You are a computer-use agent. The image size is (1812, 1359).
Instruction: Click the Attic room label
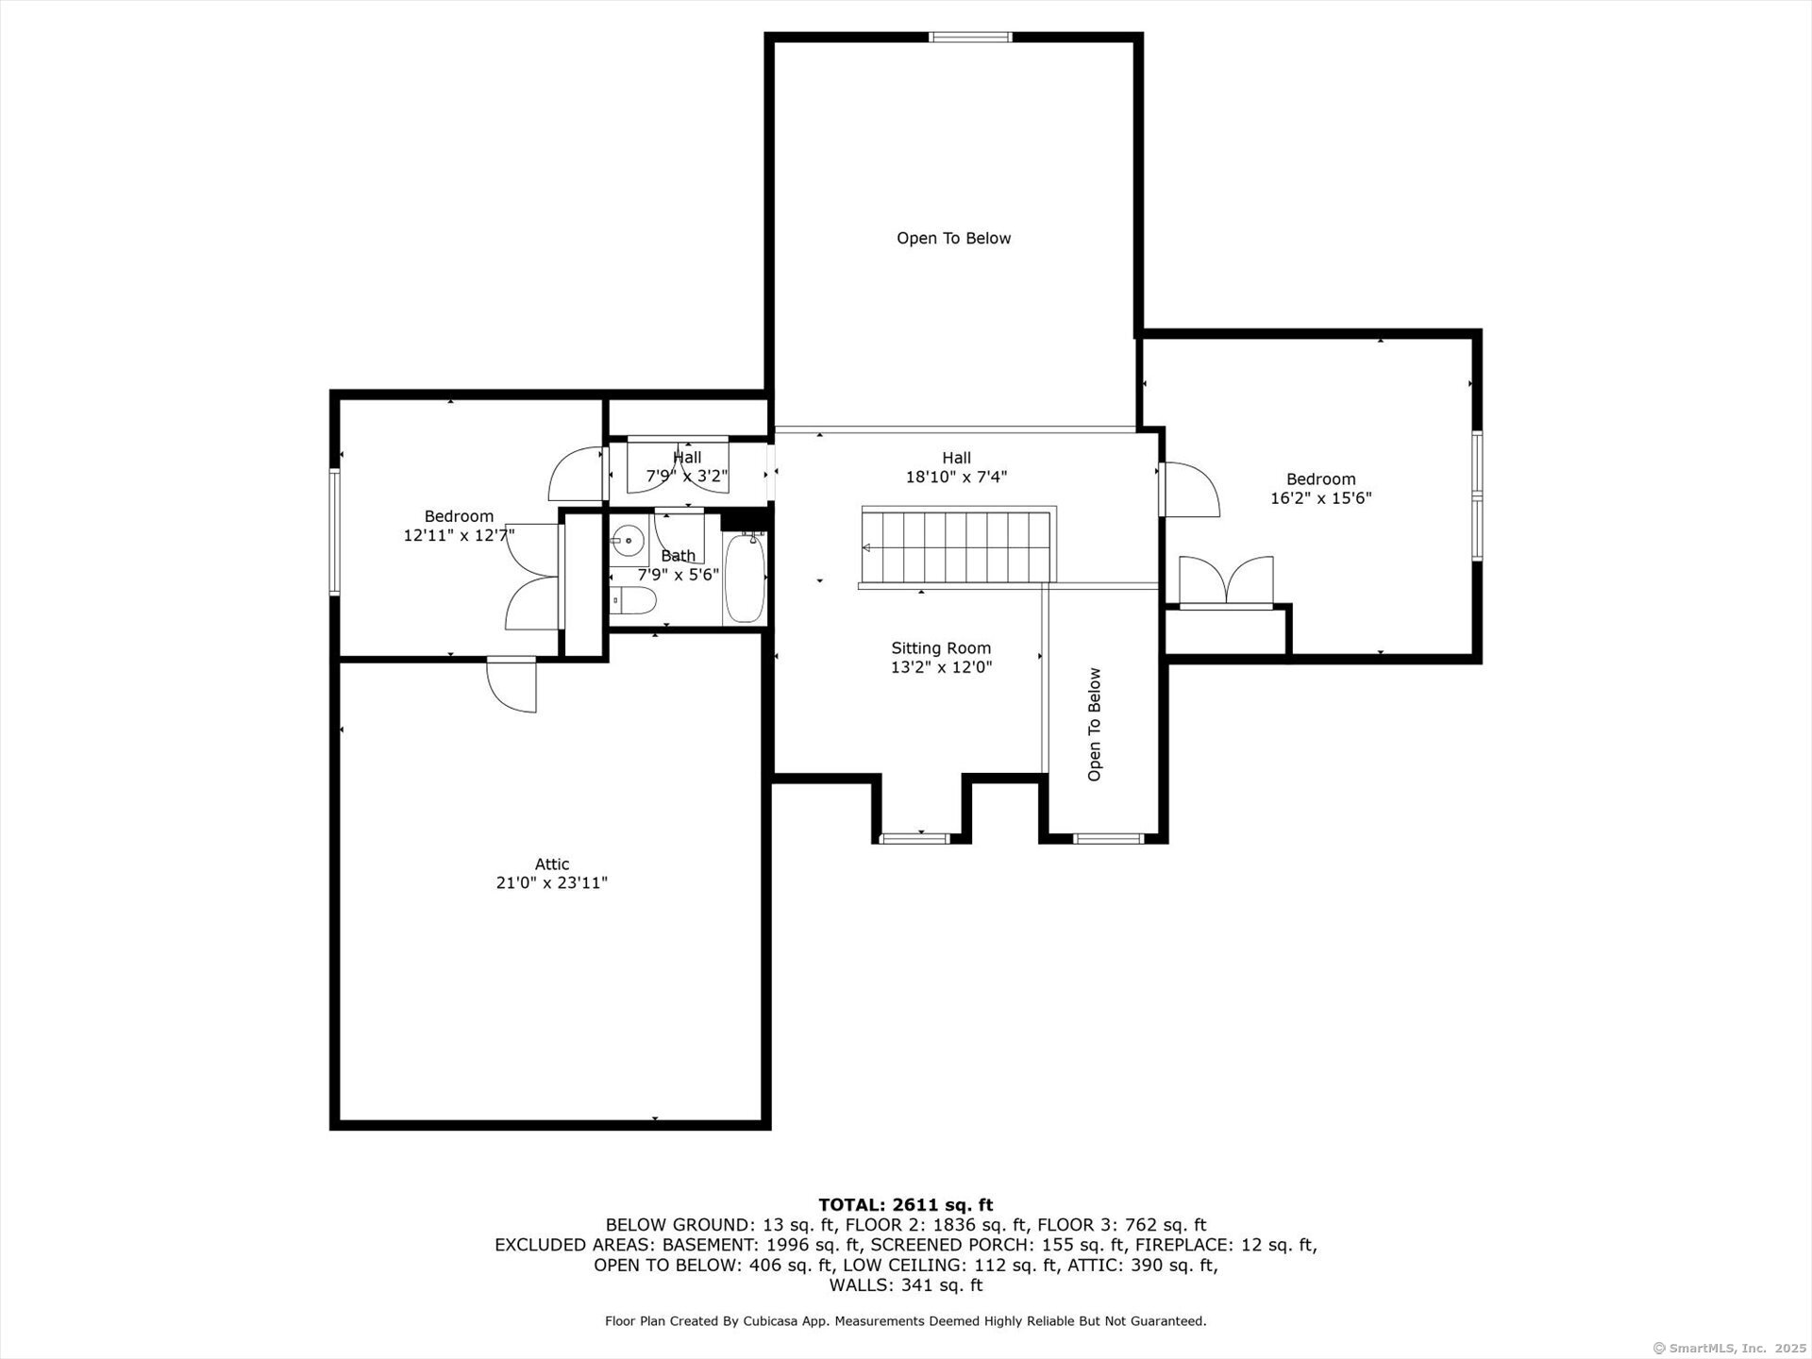point(552,864)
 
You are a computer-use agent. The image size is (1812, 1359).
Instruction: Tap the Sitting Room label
point(941,648)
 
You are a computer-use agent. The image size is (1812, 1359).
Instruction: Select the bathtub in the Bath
point(745,578)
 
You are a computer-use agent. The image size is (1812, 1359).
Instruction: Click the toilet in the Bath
point(633,599)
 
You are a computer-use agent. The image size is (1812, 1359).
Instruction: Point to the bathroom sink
point(628,541)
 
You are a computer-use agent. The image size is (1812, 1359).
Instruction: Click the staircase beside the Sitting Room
point(958,546)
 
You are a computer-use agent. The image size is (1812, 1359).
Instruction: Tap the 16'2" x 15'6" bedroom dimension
point(1320,498)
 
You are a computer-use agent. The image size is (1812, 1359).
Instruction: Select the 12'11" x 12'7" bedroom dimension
point(459,535)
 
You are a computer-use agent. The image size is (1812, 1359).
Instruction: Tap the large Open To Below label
point(953,239)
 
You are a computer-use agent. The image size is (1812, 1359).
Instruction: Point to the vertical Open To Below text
point(1095,725)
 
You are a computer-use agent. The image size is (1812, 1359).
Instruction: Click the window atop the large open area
point(970,38)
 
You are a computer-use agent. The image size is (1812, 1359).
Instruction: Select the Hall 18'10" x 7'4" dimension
point(956,478)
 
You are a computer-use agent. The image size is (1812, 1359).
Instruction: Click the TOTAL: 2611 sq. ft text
point(905,1204)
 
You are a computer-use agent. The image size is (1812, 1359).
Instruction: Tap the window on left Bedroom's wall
point(334,532)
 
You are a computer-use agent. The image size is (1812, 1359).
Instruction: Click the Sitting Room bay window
point(914,837)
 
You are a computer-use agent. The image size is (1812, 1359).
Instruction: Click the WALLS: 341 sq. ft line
point(905,1285)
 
